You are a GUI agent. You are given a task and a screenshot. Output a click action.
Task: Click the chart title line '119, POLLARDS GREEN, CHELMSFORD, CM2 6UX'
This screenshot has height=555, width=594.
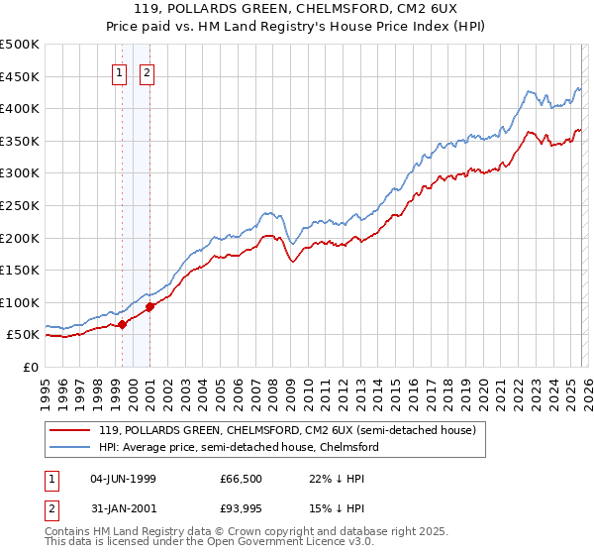(x=297, y=10)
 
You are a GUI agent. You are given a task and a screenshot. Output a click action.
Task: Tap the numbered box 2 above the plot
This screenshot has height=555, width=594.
(x=148, y=72)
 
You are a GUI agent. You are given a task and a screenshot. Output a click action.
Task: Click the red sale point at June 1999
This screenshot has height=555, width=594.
(x=122, y=324)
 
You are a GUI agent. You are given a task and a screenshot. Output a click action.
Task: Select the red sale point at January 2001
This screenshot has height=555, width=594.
(x=150, y=306)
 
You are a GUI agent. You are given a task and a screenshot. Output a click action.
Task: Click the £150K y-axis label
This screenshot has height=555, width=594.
(x=20, y=270)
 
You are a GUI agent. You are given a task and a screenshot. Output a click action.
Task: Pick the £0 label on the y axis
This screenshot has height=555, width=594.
(x=30, y=367)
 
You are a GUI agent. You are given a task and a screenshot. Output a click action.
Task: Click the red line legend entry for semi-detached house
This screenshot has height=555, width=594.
(x=288, y=430)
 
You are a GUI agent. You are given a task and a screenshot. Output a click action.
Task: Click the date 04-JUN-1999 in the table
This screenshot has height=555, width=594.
(x=123, y=479)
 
